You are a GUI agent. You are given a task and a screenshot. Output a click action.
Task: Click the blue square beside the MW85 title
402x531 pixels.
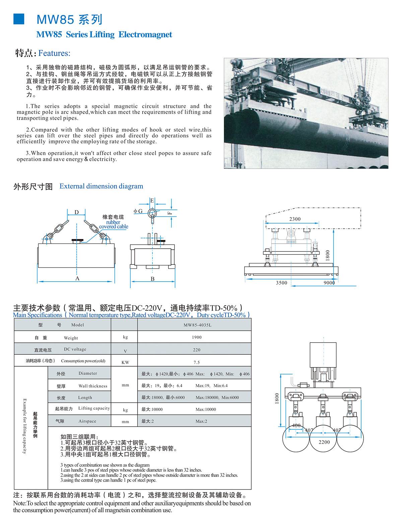(19, 19)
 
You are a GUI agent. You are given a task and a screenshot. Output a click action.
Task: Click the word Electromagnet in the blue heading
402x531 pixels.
(145, 35)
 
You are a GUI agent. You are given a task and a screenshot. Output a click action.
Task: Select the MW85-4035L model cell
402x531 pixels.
(197, 325)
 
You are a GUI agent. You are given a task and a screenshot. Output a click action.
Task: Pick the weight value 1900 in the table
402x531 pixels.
(197, 337)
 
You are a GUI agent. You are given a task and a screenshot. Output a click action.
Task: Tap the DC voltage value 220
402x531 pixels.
(197, 350)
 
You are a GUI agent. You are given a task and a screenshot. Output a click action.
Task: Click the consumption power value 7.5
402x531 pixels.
(197, 362)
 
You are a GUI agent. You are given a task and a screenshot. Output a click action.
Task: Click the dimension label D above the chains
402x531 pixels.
(76, 212)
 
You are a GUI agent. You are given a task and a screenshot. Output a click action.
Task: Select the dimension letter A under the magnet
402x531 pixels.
(77, 279)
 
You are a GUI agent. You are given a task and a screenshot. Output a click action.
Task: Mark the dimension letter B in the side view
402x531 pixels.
(152, 279)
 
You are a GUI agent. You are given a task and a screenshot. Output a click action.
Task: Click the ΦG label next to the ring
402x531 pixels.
(138, 211)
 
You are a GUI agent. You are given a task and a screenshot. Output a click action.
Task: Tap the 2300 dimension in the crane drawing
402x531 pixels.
(295, 219)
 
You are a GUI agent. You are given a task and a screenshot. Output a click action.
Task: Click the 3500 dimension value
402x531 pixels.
(282, 283)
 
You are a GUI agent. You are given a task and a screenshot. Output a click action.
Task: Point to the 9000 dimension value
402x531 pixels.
(329, 283)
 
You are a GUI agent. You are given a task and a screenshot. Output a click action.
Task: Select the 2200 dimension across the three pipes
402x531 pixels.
(324, 442)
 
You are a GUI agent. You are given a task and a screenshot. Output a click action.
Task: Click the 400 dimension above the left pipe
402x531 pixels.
(296, 425)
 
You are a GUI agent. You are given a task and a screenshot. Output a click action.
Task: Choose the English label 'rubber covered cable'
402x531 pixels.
(113, 224)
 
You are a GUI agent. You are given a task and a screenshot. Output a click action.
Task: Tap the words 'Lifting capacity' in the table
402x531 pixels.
(94, 408)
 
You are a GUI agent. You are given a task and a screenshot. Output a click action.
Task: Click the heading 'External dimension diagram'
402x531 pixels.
(101, 186)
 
